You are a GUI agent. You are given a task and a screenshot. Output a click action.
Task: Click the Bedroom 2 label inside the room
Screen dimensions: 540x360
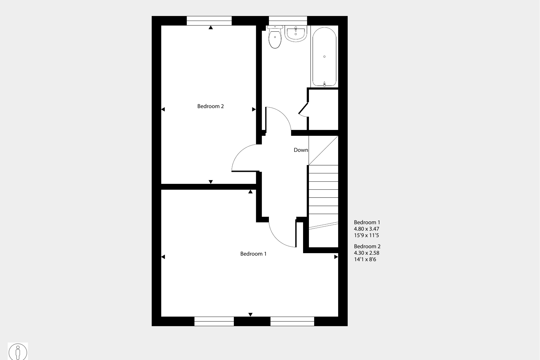[210, 106]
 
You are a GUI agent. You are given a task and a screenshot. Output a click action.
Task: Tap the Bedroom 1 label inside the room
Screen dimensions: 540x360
[253, 254]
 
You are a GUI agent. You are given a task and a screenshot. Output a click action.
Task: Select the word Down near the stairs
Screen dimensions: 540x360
[301, 150]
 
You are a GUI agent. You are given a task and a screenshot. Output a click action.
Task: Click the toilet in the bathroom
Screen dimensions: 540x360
[275, 37]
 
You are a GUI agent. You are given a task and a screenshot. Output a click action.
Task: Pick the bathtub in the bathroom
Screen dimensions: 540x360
[324, 56]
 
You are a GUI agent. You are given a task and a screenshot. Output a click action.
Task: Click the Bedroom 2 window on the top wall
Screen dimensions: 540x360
[209, 21]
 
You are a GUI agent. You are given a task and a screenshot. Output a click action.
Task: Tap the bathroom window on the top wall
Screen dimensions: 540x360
[288, 21]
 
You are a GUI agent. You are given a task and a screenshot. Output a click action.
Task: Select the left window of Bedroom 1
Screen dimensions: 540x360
[214, 321]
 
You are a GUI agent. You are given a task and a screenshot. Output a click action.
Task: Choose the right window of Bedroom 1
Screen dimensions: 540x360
[292, 321]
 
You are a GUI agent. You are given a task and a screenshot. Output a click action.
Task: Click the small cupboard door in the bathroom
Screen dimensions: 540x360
[303, 108]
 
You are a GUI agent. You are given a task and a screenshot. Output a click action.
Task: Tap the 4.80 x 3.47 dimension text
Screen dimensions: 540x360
[366, 229]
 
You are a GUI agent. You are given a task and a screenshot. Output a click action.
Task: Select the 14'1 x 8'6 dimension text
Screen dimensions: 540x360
[365, 260]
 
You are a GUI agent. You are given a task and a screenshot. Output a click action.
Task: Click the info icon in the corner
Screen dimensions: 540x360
[18, 352]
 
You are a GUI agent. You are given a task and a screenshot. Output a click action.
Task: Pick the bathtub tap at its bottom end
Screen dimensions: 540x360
[324, 84]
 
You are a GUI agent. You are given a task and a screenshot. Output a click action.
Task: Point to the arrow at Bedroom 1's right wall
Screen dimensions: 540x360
[336, 257]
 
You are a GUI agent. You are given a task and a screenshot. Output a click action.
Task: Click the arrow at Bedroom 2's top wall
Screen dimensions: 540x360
[211, 27]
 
